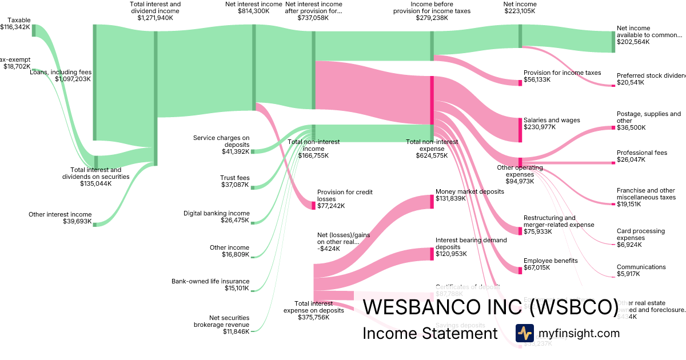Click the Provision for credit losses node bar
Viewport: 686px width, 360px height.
[x=313, y=205]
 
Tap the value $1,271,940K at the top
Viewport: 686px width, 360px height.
[x=155, y=18]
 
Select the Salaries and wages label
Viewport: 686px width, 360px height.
[x=552, y=120]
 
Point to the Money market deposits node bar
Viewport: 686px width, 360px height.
[x=432, y=202]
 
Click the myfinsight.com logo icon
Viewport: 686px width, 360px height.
[x=524, y=333]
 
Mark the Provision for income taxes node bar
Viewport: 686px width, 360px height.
[x=520, y=82]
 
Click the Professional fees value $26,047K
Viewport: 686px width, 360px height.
[x=631, y=160]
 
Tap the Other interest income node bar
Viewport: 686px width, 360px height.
[x=95, y=224]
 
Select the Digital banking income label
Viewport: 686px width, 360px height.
[x=216, y=213]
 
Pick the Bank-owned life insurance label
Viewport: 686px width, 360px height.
[x=210, y=281]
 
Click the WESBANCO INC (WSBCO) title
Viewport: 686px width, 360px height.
[x=490, y=307]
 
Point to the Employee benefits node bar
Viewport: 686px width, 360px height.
[x=520, y=270]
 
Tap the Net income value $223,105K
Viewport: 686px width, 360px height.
[x=520, y=11]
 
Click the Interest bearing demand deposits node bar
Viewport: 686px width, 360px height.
[x=432, y=254]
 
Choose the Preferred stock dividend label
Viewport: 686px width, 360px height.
[x=651, y=75]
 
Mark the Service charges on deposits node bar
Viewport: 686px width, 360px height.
[x=253, y=151]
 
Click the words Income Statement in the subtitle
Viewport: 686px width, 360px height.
[x=430, y=333]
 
